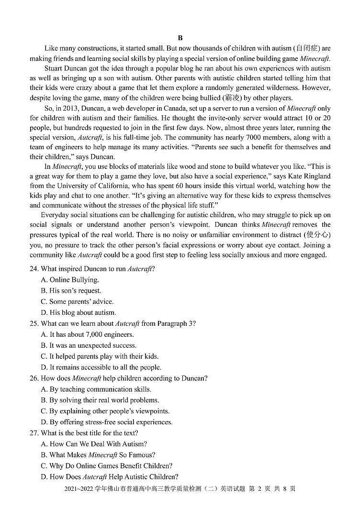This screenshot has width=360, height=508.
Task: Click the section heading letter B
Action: pyautogui.click(x=180, y=38)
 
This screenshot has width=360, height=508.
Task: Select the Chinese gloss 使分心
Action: pyautogui.click(x=317, y=235)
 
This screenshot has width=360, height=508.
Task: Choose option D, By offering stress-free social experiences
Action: pyautogui.click(x=111, y=422)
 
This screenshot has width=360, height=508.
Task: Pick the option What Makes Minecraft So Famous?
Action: pyautogui.click(x=102, y=455)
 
